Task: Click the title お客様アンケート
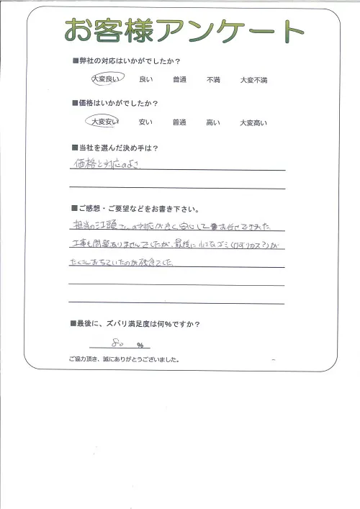[x=184, y=31]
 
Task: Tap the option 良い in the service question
[x=145, y=79]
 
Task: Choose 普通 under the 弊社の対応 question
[x=180, y=79]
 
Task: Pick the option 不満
[x=213, y=79]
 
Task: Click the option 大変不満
[x=253, y=79]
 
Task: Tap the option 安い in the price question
[x=145, y=122]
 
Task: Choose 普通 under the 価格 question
[x=180, y=122]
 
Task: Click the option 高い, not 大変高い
[x=213, y=122]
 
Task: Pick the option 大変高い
[x=253, y=123]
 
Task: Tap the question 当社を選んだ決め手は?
[x=115, y=147]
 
